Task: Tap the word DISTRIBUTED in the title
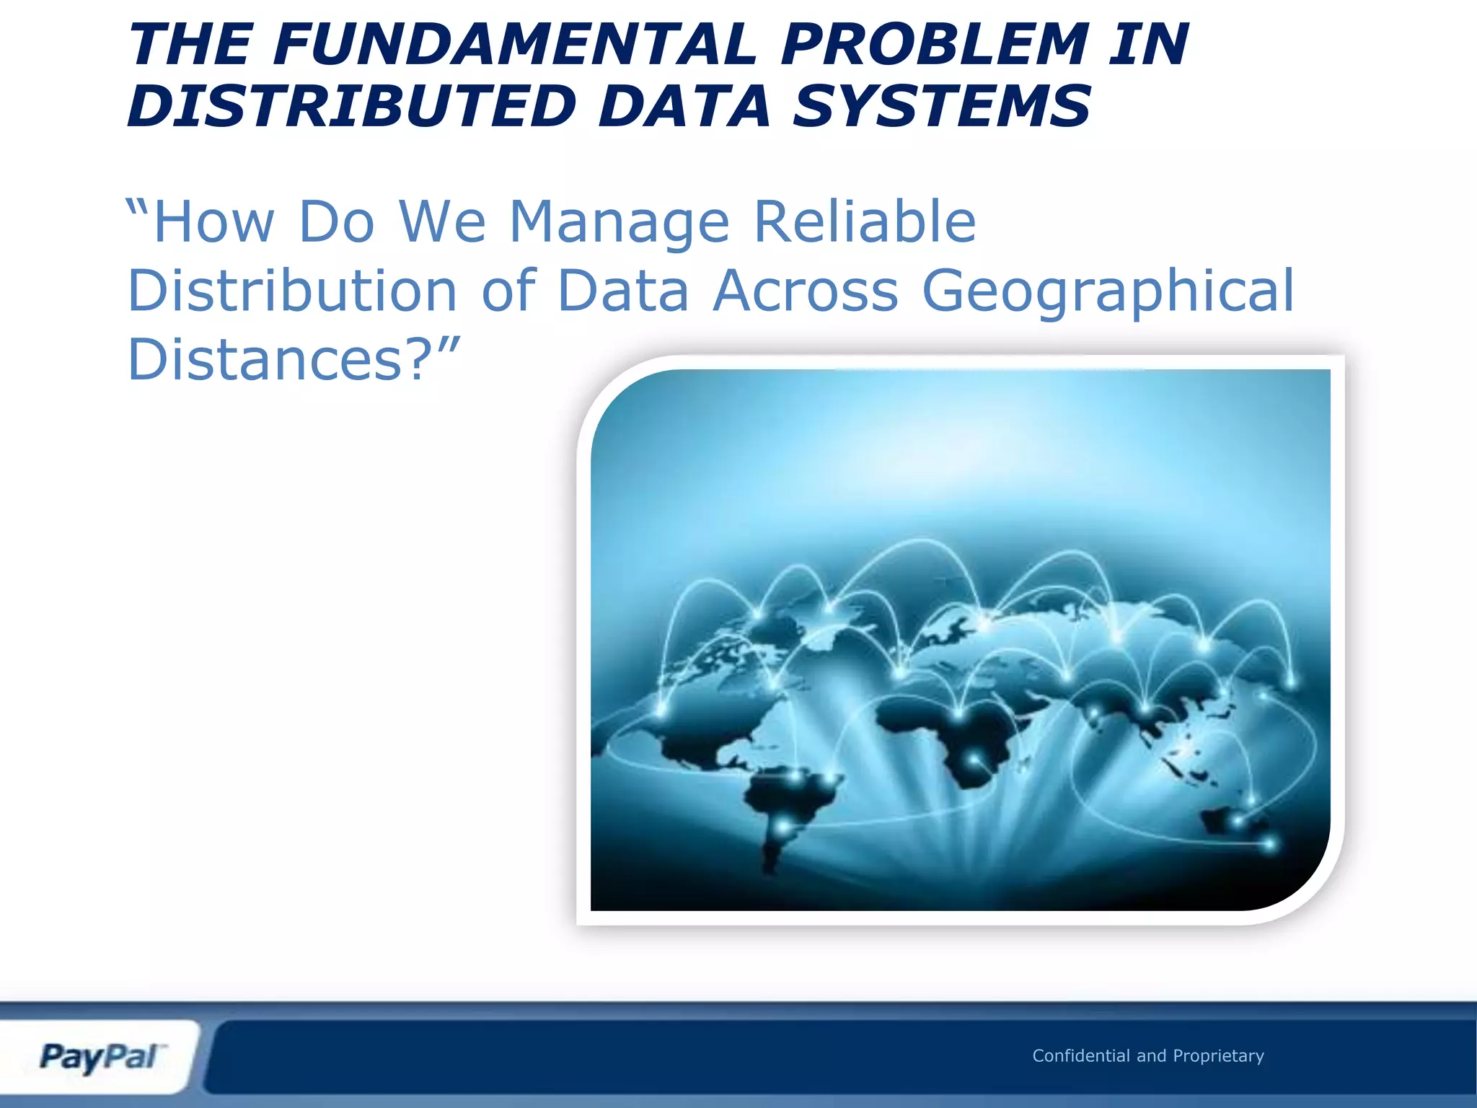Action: tap(352, 107)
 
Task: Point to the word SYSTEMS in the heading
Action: tap(942, 107)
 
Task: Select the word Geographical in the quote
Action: tap(1108, 291)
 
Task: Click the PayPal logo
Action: tap(101, 1058)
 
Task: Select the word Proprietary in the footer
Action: tap(1218, 1057)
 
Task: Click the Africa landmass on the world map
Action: tap(952, 736)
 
